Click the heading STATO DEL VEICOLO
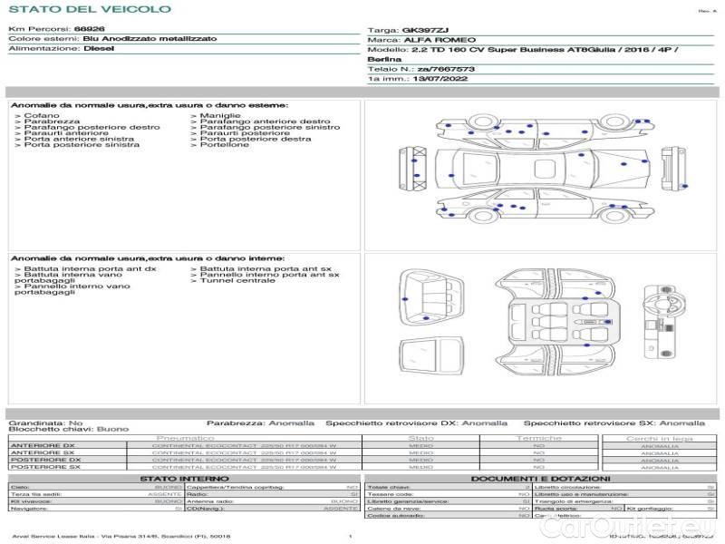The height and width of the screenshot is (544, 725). tap(89, 9)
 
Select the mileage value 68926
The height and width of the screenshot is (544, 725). tap(89, 30)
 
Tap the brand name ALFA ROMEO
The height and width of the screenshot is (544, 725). tap(430, 40)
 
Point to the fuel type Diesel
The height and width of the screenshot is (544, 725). tap(99, 49)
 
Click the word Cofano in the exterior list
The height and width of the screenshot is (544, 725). tap(42, 116)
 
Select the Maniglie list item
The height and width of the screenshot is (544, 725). tap(220, 116)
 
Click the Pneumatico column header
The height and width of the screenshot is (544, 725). tap(185, 438)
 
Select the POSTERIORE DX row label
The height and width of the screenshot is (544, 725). tap(44, 460)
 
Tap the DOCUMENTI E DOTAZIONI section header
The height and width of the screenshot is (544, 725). tap(540, 478)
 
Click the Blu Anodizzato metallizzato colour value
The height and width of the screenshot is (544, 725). tap(150, 40)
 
